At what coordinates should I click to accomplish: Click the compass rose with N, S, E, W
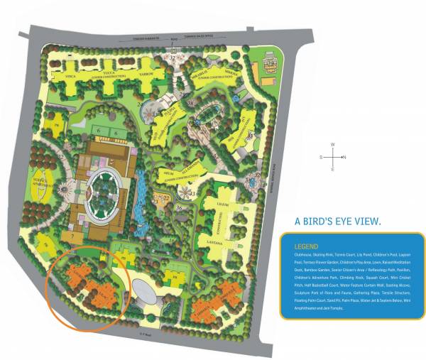[333, 157]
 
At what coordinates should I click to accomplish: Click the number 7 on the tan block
[72, 235]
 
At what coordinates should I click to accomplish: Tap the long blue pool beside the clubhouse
[140, 195]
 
